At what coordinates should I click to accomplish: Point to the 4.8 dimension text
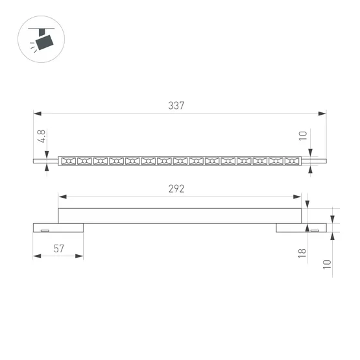41,137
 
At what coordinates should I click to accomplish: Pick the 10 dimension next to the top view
302,136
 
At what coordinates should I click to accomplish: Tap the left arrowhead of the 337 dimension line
37,114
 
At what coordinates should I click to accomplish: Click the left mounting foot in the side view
58,228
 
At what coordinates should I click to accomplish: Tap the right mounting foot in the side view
301,228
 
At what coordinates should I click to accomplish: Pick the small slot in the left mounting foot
45,230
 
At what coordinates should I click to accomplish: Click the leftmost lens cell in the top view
68,160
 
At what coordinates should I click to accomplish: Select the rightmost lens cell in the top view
292,160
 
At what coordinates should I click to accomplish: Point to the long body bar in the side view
180,216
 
